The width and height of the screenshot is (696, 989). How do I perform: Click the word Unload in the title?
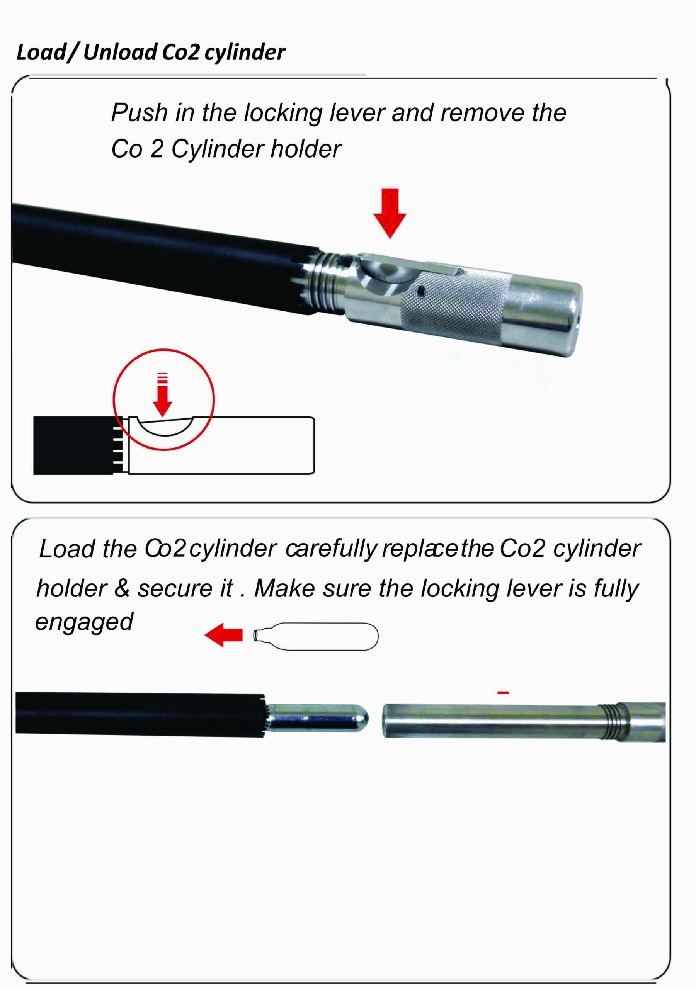point(120,52)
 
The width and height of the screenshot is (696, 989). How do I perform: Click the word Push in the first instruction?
point(139,113)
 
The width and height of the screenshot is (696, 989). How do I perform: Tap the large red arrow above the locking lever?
point(390,213)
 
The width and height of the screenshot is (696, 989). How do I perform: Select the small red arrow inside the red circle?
point(162,394)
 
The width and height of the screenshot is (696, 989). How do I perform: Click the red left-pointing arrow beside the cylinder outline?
point(223,635)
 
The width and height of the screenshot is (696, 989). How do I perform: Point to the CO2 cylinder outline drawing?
point(315,636)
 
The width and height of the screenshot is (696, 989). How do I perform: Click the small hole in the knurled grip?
point(422,292)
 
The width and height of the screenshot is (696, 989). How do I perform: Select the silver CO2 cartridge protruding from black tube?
point(317,718)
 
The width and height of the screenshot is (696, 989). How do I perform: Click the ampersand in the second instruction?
point(122,588)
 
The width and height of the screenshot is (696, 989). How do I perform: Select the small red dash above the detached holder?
point(504,693)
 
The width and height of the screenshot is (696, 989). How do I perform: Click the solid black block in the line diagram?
point(74,445)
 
